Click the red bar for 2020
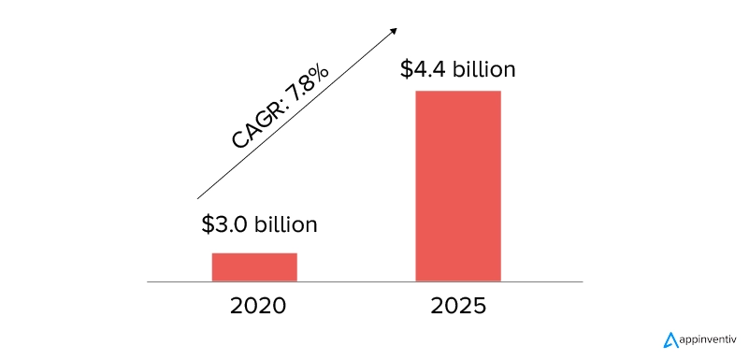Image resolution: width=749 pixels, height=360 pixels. click(x=254, y=266)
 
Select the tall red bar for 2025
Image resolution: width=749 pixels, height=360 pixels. click(x=458, y=185)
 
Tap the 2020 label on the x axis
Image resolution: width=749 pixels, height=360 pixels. click(x=254, y=306)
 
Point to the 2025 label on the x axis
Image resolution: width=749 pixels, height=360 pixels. click(x=458, y=306)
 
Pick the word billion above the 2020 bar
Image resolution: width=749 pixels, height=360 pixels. click(x=284, y=224)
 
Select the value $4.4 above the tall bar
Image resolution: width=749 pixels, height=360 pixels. click(x=424, y=70)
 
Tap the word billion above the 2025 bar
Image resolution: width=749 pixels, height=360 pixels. click(x=484, y=70)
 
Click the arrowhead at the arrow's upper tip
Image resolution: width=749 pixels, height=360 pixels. click(x=393, y=30)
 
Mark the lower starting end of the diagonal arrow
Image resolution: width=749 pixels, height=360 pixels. click(x=199, y=197)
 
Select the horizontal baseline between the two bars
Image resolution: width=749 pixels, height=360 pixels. click(x=355, y=281)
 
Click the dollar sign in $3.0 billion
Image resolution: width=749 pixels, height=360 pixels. click(x=208, y=224)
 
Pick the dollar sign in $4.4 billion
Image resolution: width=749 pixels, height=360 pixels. click(x=407, y=70)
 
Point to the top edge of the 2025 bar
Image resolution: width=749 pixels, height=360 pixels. click(x=458, y=92)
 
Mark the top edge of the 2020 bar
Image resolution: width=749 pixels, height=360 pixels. click(x=254, y=253)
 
